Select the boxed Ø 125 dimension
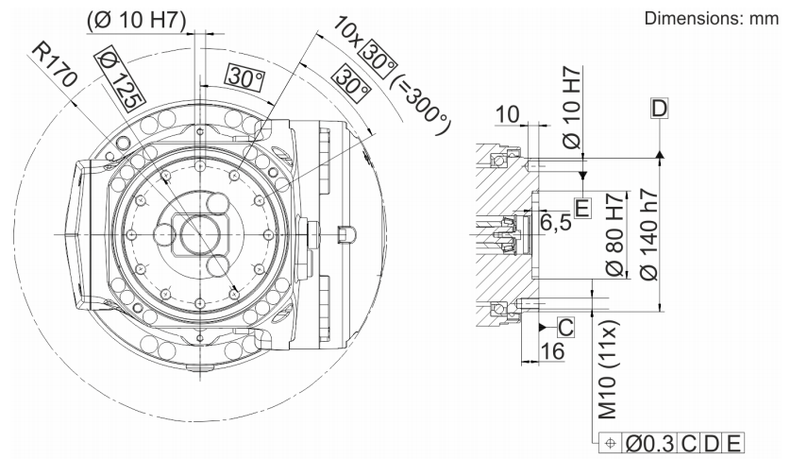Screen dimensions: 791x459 point(120,77)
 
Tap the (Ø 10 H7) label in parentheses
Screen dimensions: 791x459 point(137,20)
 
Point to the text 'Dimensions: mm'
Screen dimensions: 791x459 point(712,18)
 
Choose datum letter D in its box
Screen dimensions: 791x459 point(659,108)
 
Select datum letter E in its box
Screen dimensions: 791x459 point(582,208)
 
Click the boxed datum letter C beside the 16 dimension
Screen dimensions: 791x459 point(566,327)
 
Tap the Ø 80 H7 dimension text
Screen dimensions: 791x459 point(615,234)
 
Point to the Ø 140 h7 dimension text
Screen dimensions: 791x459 point(648,234)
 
